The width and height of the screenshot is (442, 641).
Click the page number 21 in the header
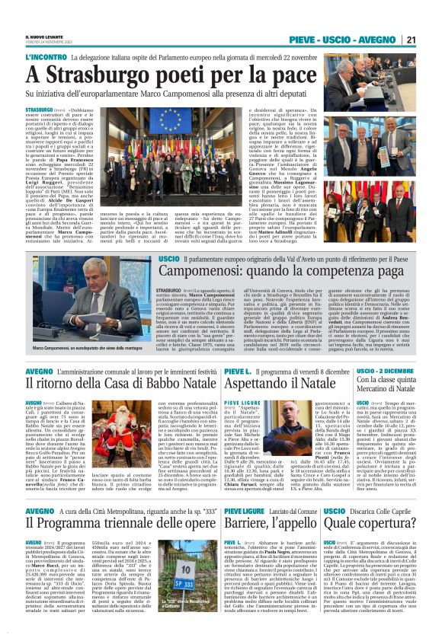[x=410, y=40]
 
